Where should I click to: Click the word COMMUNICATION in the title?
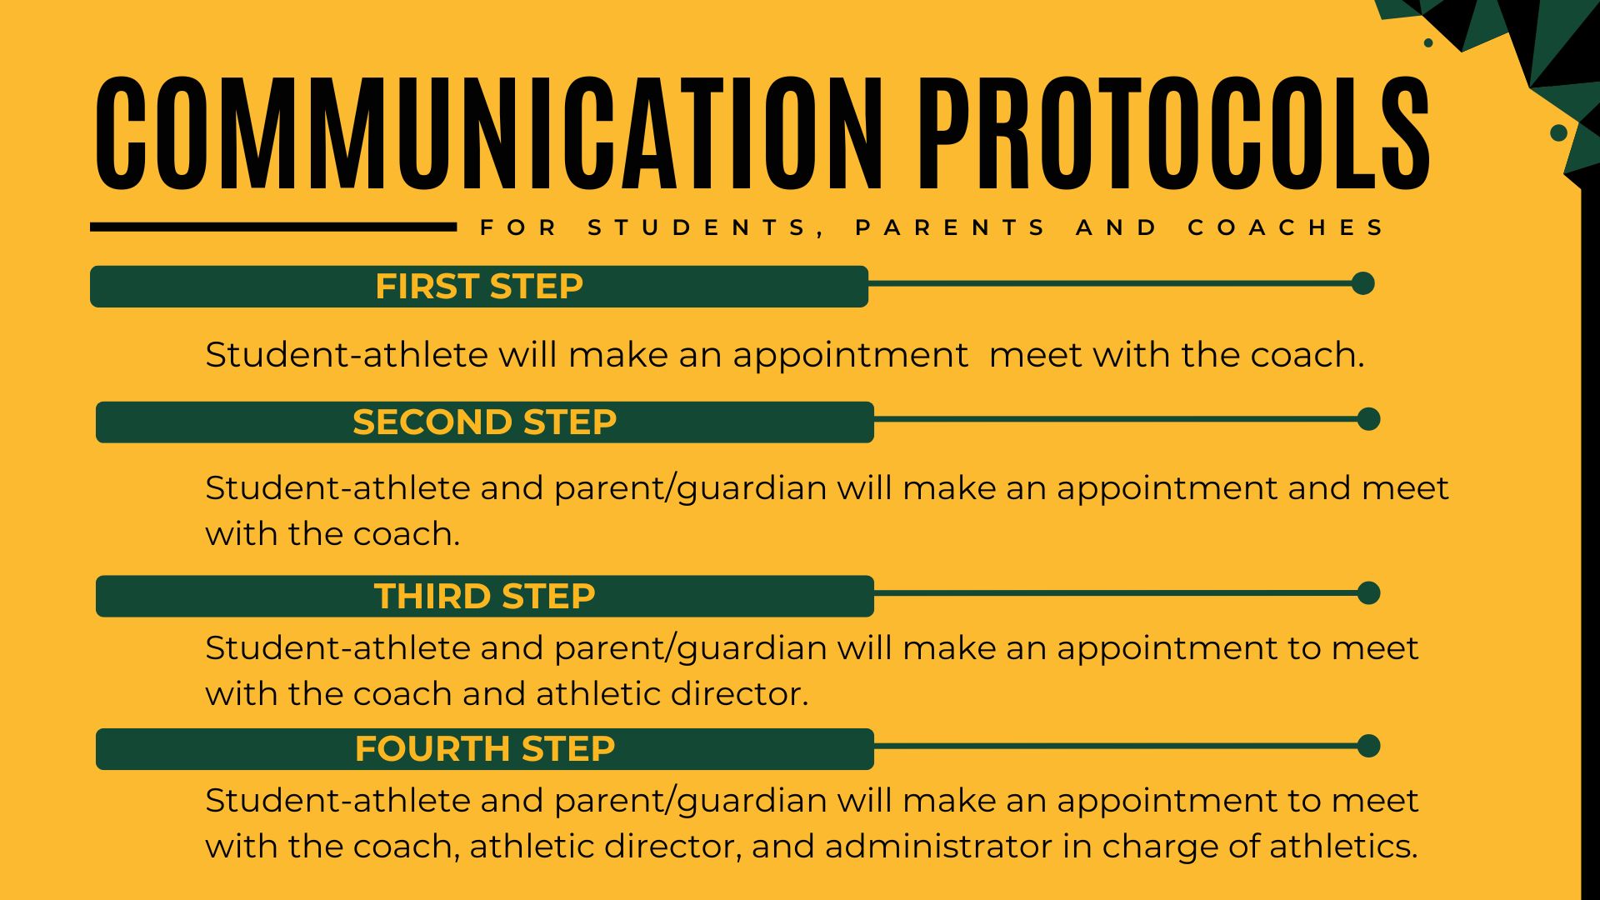click(x=489, y=132)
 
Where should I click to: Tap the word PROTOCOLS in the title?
click(x=1175, y=132)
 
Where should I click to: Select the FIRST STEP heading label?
click(x=479, y=286)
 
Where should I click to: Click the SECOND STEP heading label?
click(x=484, y=422)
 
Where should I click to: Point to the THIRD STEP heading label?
click(x=484, y=596)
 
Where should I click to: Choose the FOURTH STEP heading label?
click(x=484, y=748)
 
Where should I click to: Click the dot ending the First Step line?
click(x=1363, y=283)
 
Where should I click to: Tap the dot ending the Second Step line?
click(x=1368, y=419)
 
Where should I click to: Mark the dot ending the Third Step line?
click(x=1368, y=593)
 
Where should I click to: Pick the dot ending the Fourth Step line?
click(x=1368, y=746)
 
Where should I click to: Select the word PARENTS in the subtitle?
click(x=951, y=227)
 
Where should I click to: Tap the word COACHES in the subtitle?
click(x=1286, y=227)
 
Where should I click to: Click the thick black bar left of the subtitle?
click(x=273, y=227)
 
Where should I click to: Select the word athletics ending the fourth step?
click(x=1343, y=846)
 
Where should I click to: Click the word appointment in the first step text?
click(x=850, y=356)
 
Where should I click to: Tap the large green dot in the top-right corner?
click(x=1558, y=132)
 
